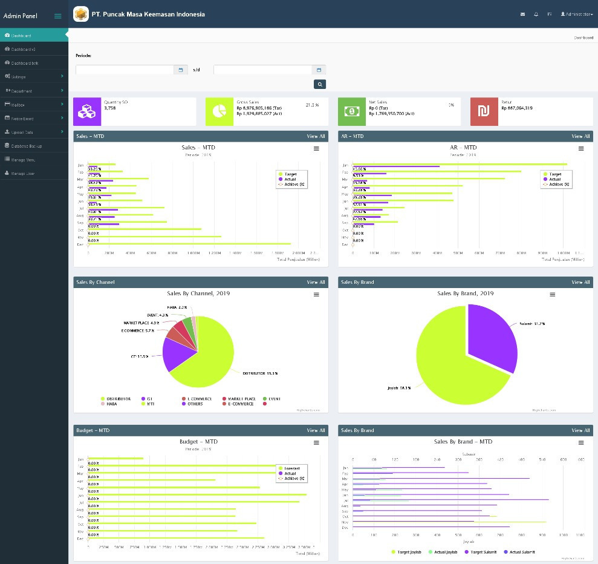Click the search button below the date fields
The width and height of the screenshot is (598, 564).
click(x=320, y=84)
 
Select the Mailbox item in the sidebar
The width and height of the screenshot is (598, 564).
click(x=18, y=105)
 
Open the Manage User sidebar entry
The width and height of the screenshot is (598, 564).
click(x=22, y=174)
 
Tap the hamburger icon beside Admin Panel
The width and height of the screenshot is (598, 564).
click(x=58, y=16)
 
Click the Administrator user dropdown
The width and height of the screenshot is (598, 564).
click(x=577, y=14)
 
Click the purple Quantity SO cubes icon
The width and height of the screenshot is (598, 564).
click(x=86, y=111)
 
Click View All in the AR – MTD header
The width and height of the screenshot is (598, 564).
click(x=580, y=136)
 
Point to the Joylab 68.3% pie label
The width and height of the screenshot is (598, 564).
click(x=399, y=388)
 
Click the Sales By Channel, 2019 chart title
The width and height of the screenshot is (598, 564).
click(x=198, y=293)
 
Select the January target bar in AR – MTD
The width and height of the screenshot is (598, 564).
click(x=453, y=164)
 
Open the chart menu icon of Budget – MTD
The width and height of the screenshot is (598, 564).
click(x=316, y=443)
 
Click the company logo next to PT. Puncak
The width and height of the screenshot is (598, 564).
click(x=81, y=14)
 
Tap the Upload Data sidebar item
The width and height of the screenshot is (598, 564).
click(x=22, y=132)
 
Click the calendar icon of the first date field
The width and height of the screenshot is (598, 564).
click(x=180, y=70)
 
